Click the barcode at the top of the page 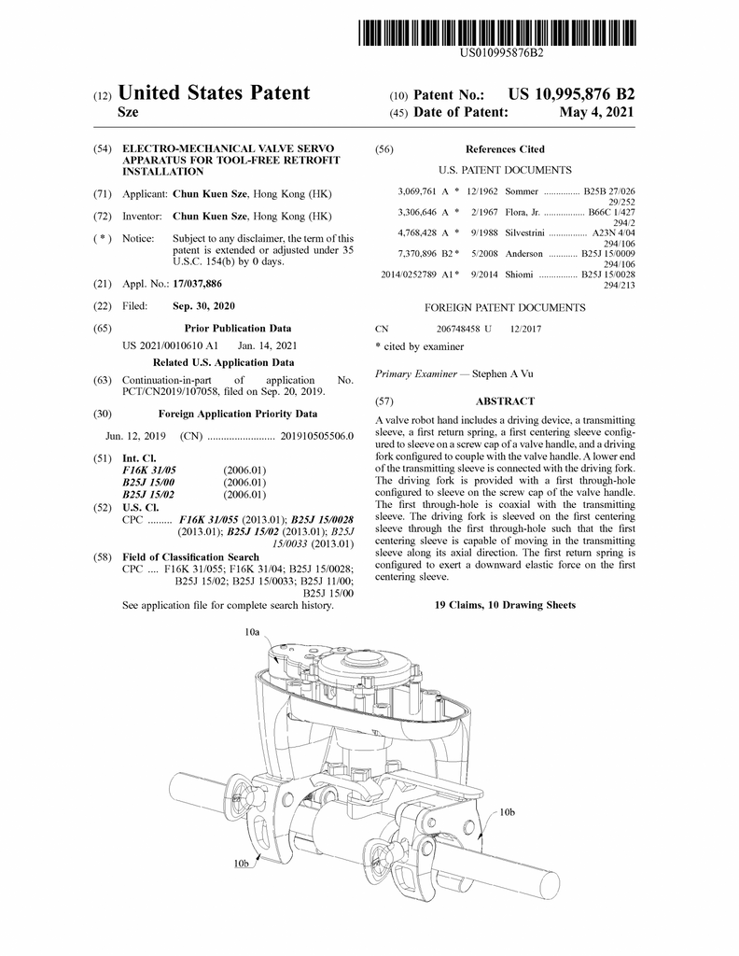click(501, 32)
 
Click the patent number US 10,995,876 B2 click(571, 94)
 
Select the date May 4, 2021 click(596, 113)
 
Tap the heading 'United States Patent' click(215, 93)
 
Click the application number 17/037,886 click(198, 283)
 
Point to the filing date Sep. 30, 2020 click(203, 306)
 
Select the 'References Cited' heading click(505, 149)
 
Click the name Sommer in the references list click(522, 190)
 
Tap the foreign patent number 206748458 click(458, 329)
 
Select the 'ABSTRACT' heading click(505, 401)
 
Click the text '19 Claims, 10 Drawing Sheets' click(505, 605)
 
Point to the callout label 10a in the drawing click(252, 632)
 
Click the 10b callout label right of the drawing click(507, 812)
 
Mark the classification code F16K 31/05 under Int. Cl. click(149, 470)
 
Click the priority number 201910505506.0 click(317, 436)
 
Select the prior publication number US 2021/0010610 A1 click(170, 345)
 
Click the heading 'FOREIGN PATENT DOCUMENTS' click(505, 307)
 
